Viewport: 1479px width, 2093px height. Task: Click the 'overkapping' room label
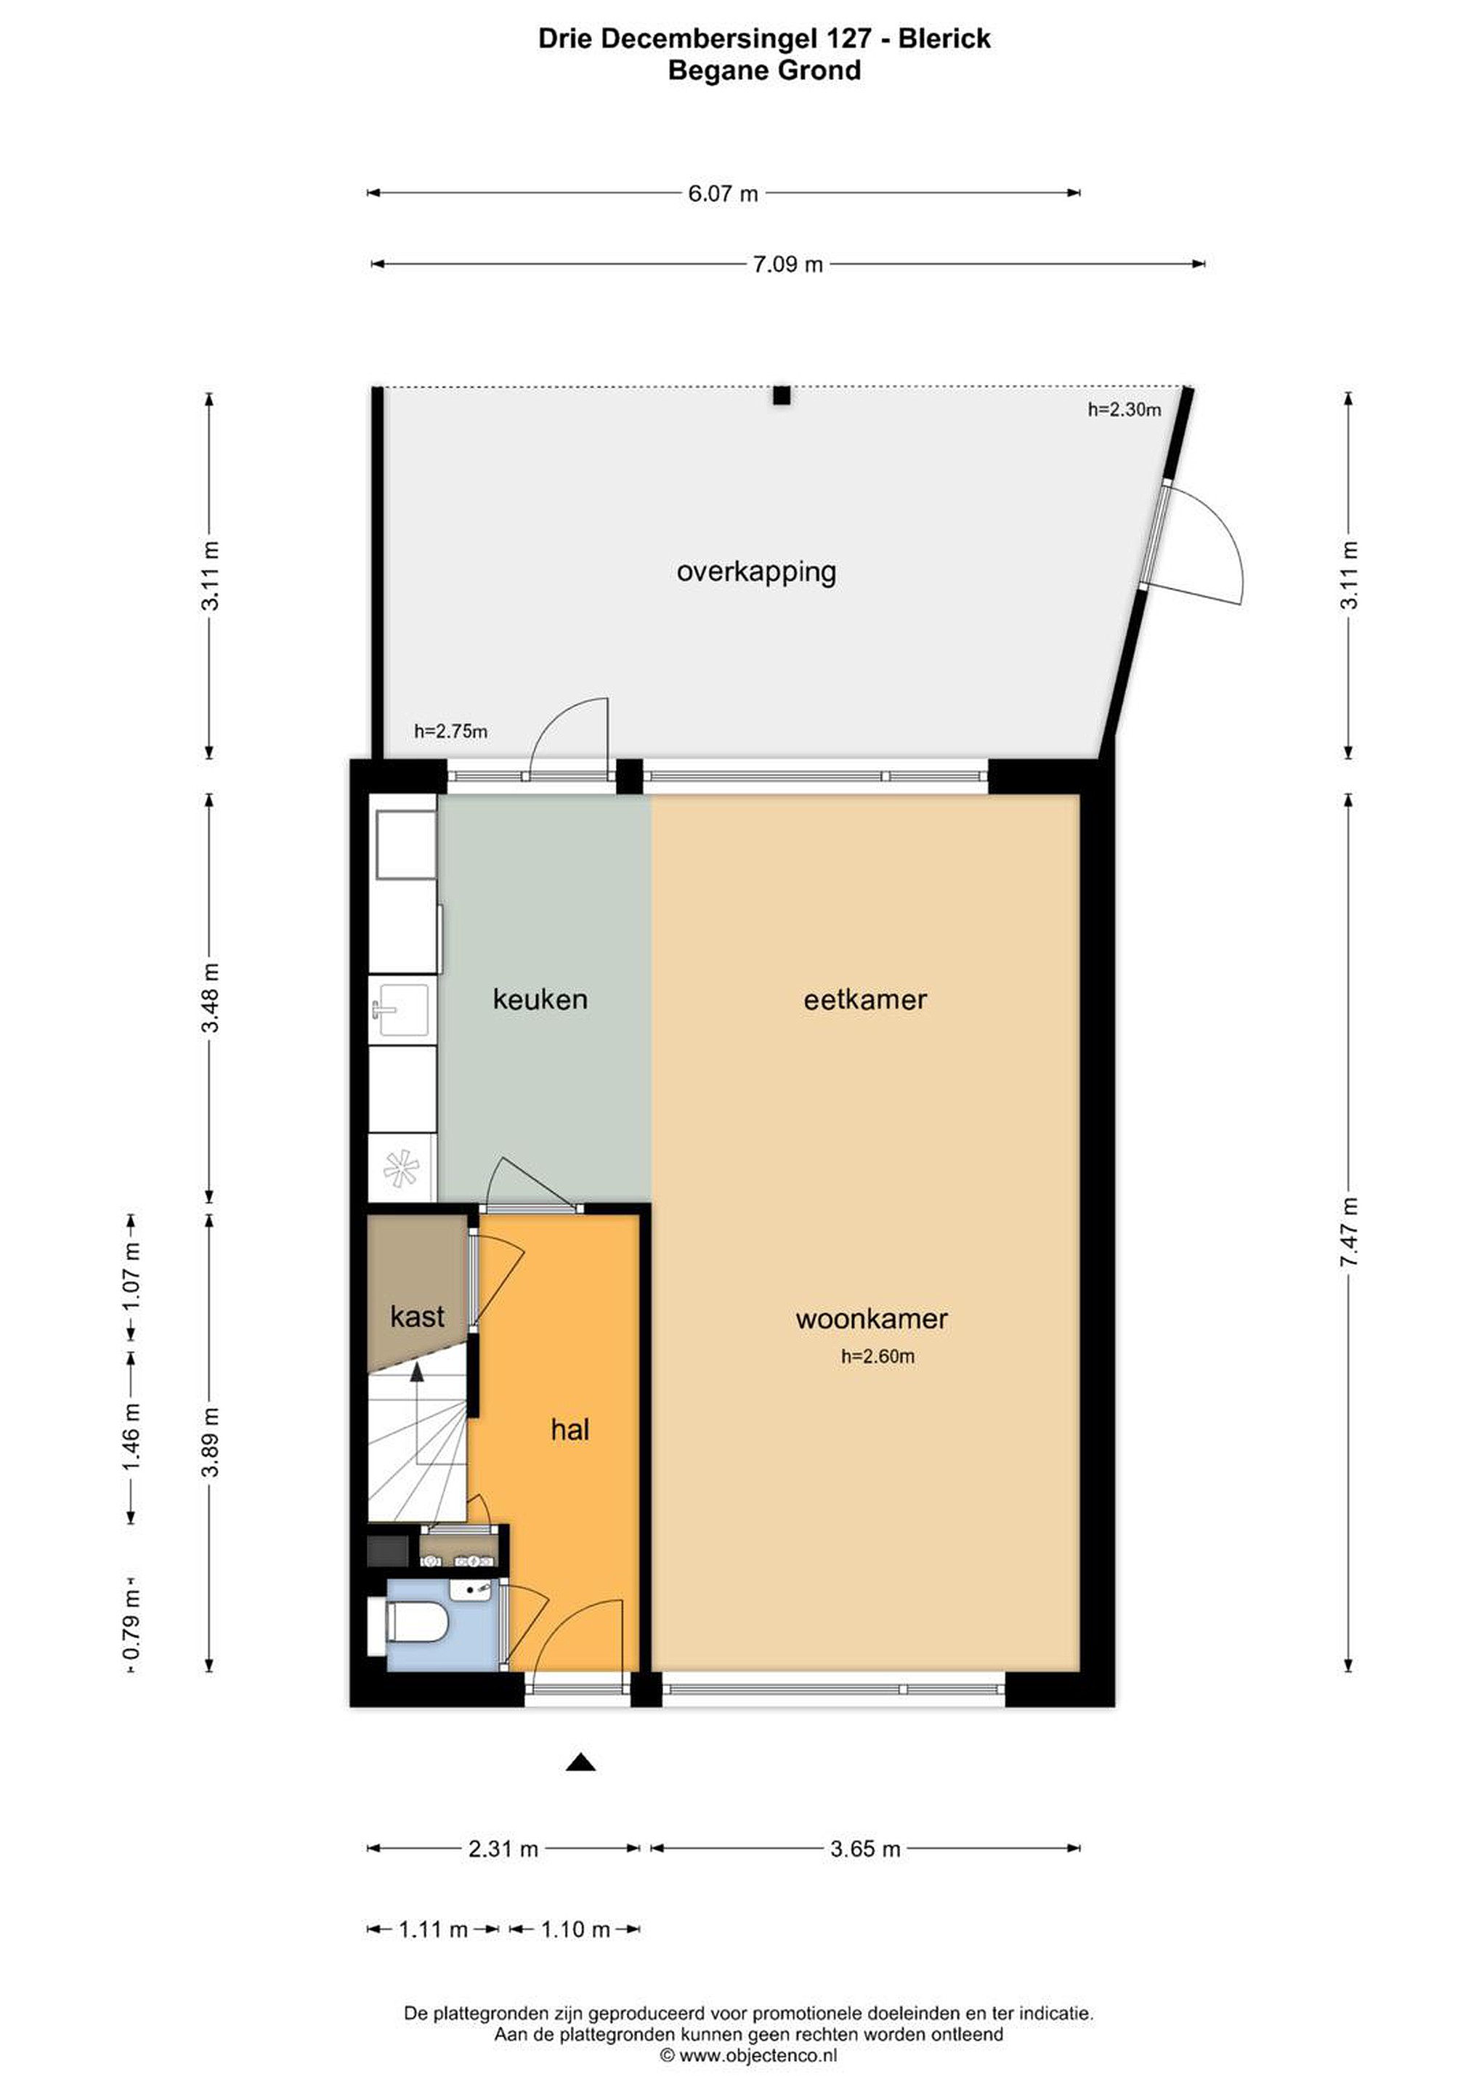pyautogui.click(x=755, y=573)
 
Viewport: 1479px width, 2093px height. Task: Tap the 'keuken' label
pyautogui.click(x=540, y=999)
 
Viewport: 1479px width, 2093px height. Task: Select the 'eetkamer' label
pyautogui.click(x=864, y=1000)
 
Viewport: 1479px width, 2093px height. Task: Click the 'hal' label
pyautogui.click(x=570, y=1429)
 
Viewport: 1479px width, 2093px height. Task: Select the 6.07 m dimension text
pyautogui.click(x=723, y=193)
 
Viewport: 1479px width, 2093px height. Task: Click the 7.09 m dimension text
pyautogui.click(x=787, y=265)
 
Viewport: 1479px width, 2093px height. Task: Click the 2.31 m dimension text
pyautogui.click(x=503, y=1849)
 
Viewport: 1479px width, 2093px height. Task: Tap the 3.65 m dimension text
pyautogui.click(x=864, y=1849)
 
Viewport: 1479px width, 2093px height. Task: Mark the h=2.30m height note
pyautogui.click(x=1124, y=410)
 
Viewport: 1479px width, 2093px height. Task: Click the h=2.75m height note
pyautogui.click(x=450, y=731)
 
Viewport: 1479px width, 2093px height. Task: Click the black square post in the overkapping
pyautogui.click(x=781, y=395)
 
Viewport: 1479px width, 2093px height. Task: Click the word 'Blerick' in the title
pyautogui.click(x=945, y=39)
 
